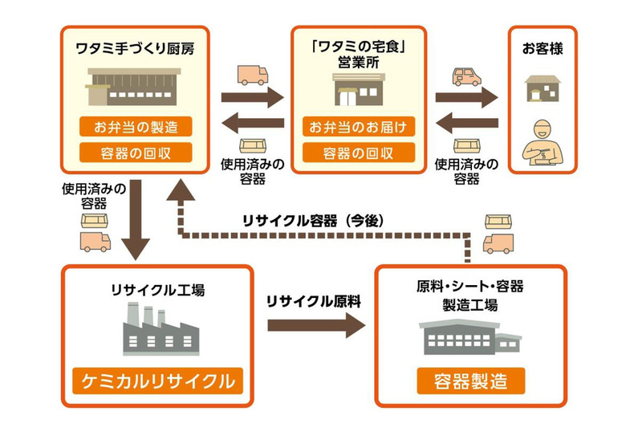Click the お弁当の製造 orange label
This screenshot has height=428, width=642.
(x=136, y=126)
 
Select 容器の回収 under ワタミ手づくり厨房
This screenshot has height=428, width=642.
(x=136, y=152)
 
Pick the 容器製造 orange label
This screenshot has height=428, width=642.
(x=470, y=380)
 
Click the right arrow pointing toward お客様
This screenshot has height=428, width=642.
(x=466, y=98)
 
